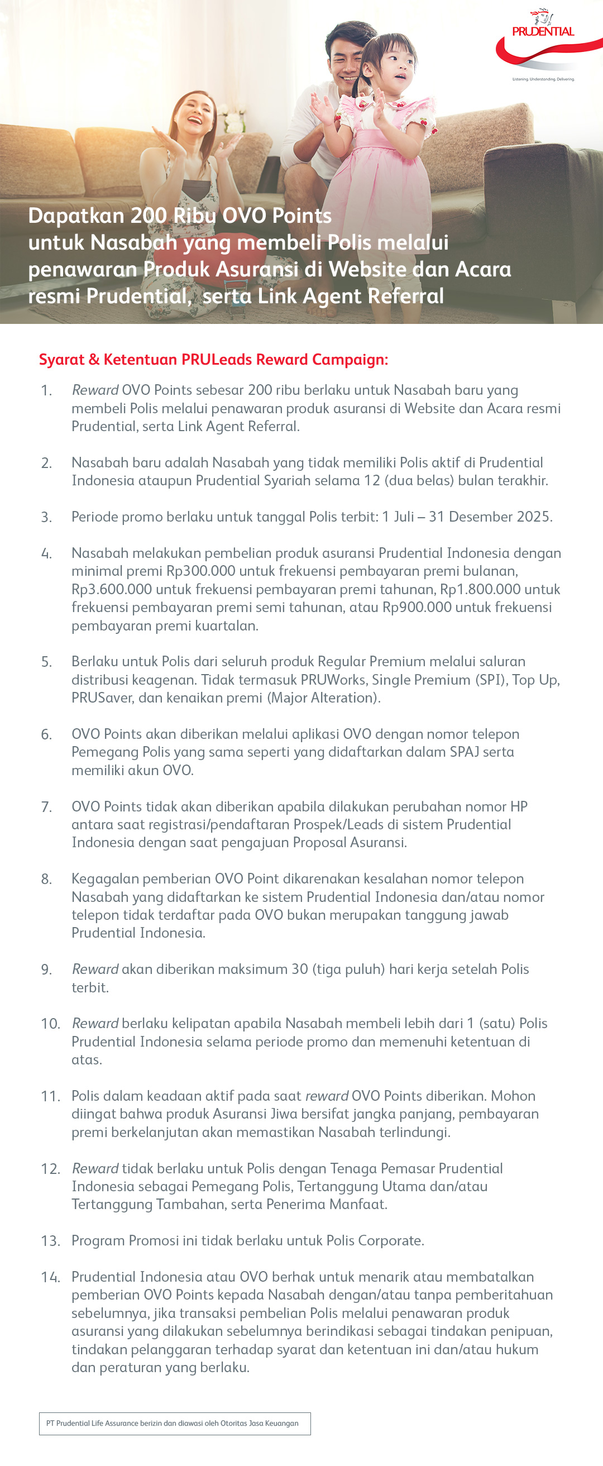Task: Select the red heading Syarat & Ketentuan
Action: pos(213,360)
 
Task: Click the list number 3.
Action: pos(46,517)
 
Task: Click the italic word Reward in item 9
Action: pos(95,969)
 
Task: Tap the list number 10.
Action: pos(50,1024)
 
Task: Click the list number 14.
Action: pos(50,1277)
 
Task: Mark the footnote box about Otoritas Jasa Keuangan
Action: pos(175,1424)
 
